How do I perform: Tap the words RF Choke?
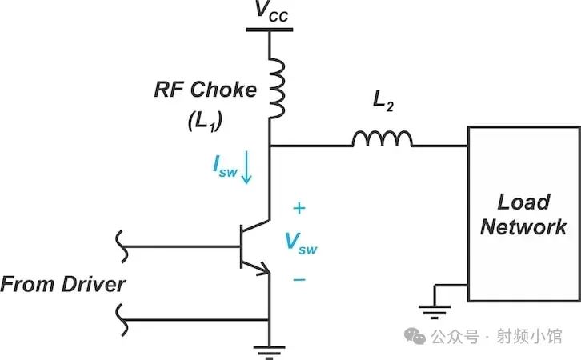(206, 89)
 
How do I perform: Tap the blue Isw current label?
(225, 166)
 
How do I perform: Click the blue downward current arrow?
(247, 169)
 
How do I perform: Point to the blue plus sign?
(299, 210)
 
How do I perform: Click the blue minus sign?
(299, 279)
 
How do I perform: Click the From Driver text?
(63, 284)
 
